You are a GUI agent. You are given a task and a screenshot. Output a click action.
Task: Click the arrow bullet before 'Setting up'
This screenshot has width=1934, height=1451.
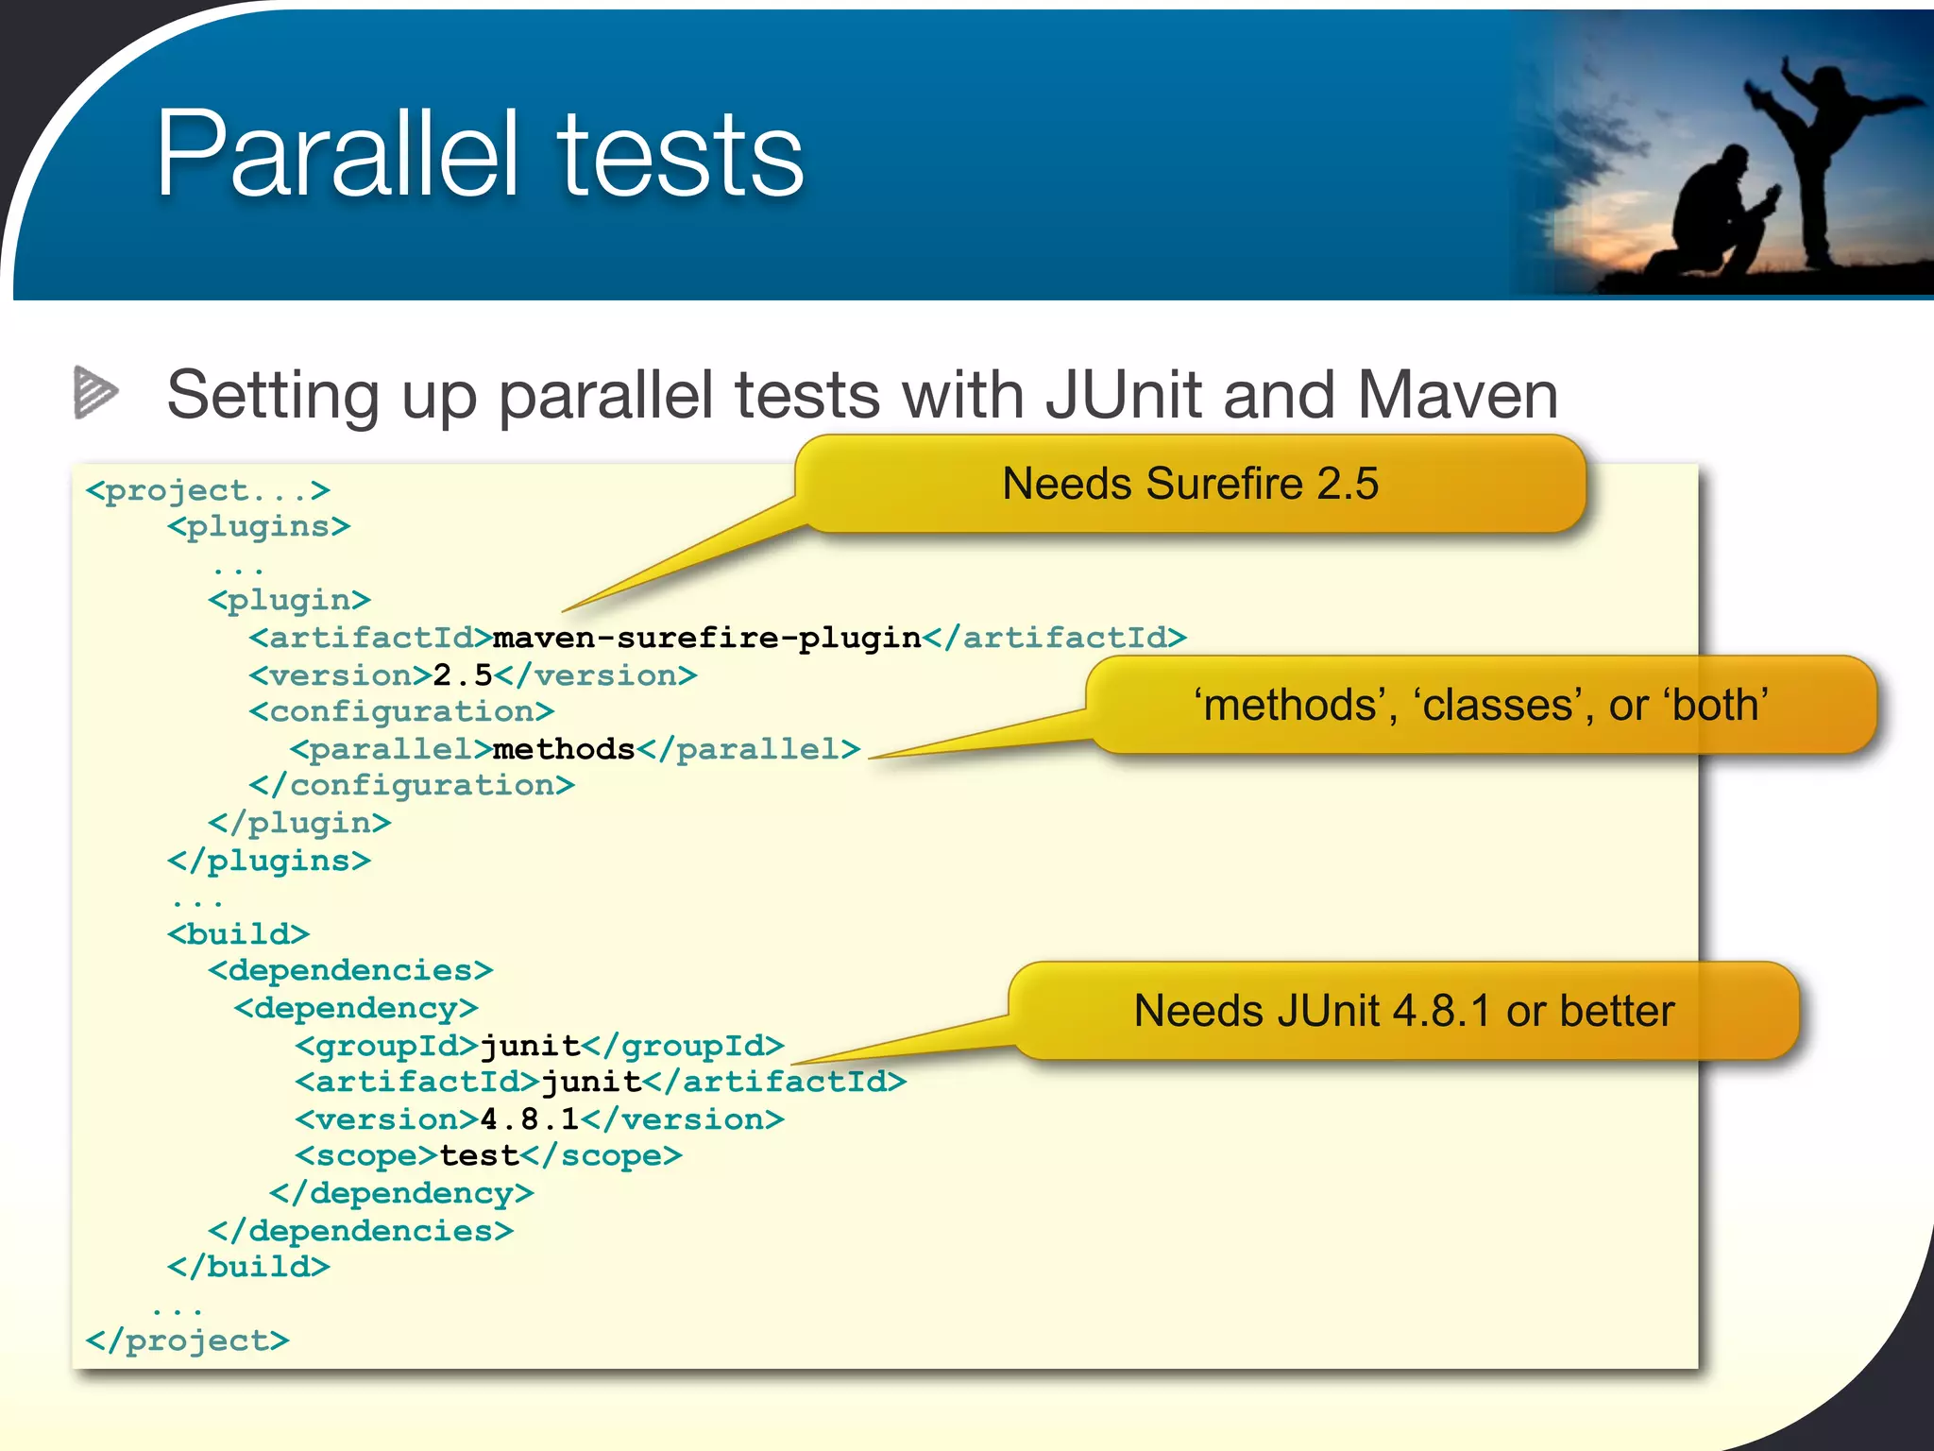[x=95, y=391]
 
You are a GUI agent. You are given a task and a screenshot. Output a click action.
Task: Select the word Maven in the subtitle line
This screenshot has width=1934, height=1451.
[x=1457, y=395]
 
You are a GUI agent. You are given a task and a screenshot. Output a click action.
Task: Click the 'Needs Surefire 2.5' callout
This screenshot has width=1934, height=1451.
[x=1190, y=484]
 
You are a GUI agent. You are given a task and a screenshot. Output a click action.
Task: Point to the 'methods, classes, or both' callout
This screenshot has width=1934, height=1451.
[x=1481, y=705]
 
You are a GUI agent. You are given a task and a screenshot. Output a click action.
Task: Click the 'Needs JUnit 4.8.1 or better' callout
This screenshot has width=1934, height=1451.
[x=1403, y=1011]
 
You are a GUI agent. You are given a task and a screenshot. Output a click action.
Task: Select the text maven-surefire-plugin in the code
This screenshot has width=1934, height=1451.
[x=706, y=639]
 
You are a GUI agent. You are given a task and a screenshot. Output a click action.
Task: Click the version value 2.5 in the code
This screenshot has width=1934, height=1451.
[x=463, y=675]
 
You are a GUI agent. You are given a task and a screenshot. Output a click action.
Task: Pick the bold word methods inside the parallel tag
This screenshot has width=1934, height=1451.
[x=564, y=749]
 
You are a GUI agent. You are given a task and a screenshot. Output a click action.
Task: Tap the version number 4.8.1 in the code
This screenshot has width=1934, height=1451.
[x=529, y=1119]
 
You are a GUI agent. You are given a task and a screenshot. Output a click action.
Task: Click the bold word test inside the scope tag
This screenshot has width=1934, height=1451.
[x=480, y=1156]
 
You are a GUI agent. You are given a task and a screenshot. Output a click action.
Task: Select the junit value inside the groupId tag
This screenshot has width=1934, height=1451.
[x=530, y=1046]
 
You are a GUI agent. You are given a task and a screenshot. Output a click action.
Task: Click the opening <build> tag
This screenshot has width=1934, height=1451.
[x=238, y=934]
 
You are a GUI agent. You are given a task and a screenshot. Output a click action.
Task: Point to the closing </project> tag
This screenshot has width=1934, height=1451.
[x=187, y=1340]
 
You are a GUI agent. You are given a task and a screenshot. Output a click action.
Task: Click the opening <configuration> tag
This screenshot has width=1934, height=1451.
[x=401, y=711]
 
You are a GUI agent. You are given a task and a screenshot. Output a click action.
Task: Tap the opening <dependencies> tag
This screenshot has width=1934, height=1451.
[x=350, y=970]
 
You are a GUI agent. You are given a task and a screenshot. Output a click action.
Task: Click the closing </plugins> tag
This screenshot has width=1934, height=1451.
[x=269, y=861]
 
